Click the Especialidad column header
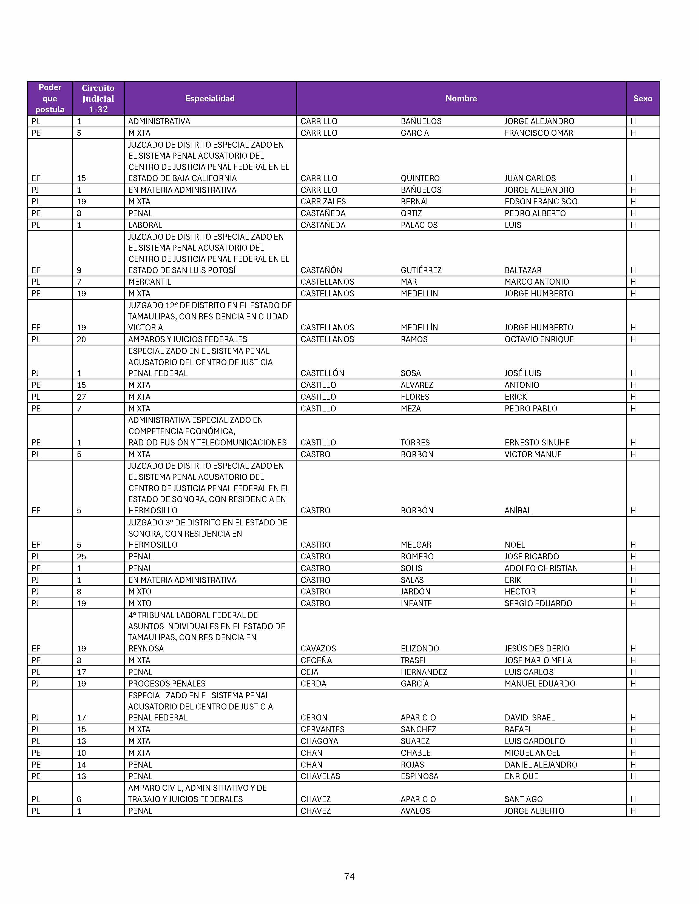[x=210, y=99]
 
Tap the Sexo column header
[x=642, y=99]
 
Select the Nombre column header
[x=461, y=99]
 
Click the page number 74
[x=349, y=876]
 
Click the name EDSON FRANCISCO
[x=541, y=202]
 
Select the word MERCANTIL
[x=149, y=282]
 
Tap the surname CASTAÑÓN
[x=321, y=270]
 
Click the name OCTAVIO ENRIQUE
[x=539, y=339]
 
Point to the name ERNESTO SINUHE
[x=537, y=442]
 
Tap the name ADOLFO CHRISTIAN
[x=541, y=568]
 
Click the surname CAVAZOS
[x=318, y=649]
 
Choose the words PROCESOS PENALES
[x=167, y=683]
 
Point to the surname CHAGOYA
[x=319, y=741]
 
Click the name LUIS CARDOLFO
[x=534, y=741]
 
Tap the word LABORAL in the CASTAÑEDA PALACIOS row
[x=145, y=225]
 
